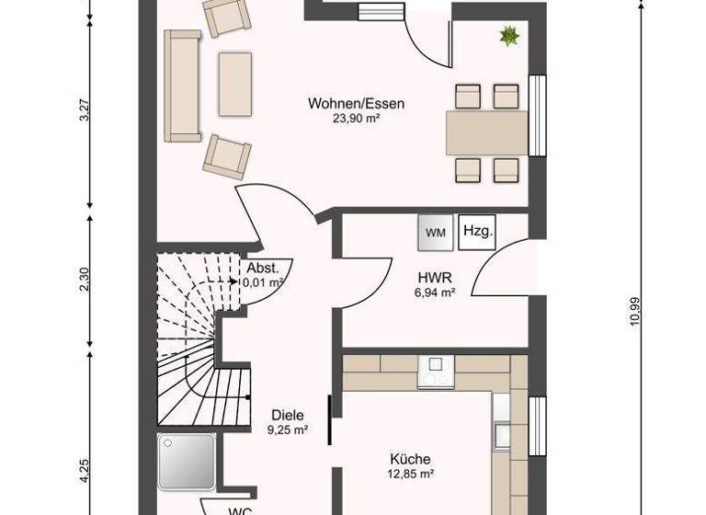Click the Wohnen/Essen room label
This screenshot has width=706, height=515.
pos(356,103)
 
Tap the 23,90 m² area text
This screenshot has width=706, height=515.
pos(356,118)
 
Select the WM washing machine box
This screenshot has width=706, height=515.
pos(437,233)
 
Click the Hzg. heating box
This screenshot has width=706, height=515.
pos(477,231)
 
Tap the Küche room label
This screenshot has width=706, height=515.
pos(410,459)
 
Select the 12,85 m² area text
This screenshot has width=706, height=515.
pos(410,474)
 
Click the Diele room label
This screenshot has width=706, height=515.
pos(287,414)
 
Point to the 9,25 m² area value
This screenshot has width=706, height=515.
pos(287,429)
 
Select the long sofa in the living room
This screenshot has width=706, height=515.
pos(182,86)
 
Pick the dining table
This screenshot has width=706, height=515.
pos(487,132)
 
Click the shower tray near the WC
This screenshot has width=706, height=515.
pos(187,461)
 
